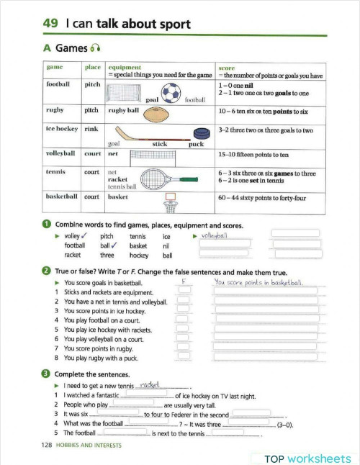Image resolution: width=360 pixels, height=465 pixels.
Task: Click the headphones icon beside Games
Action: click(x=94, y=49)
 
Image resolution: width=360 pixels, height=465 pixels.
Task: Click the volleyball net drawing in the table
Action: click(x=150, y=155)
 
